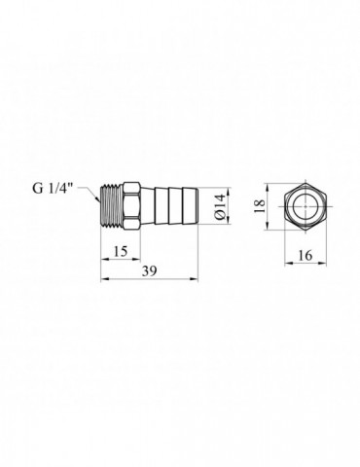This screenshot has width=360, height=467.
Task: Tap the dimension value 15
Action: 121,251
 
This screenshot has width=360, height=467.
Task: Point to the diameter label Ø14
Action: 222,206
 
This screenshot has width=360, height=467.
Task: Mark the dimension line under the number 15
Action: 121,261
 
